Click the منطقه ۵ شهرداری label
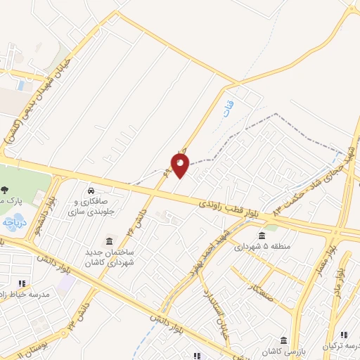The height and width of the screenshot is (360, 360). coord(262,247)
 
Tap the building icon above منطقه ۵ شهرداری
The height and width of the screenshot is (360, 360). coord(262,235)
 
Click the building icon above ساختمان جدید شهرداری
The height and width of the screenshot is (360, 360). coord(108,240)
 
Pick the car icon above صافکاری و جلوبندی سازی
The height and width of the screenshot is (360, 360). coord(91,191)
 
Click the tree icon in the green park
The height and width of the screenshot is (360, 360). coord(5,188)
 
